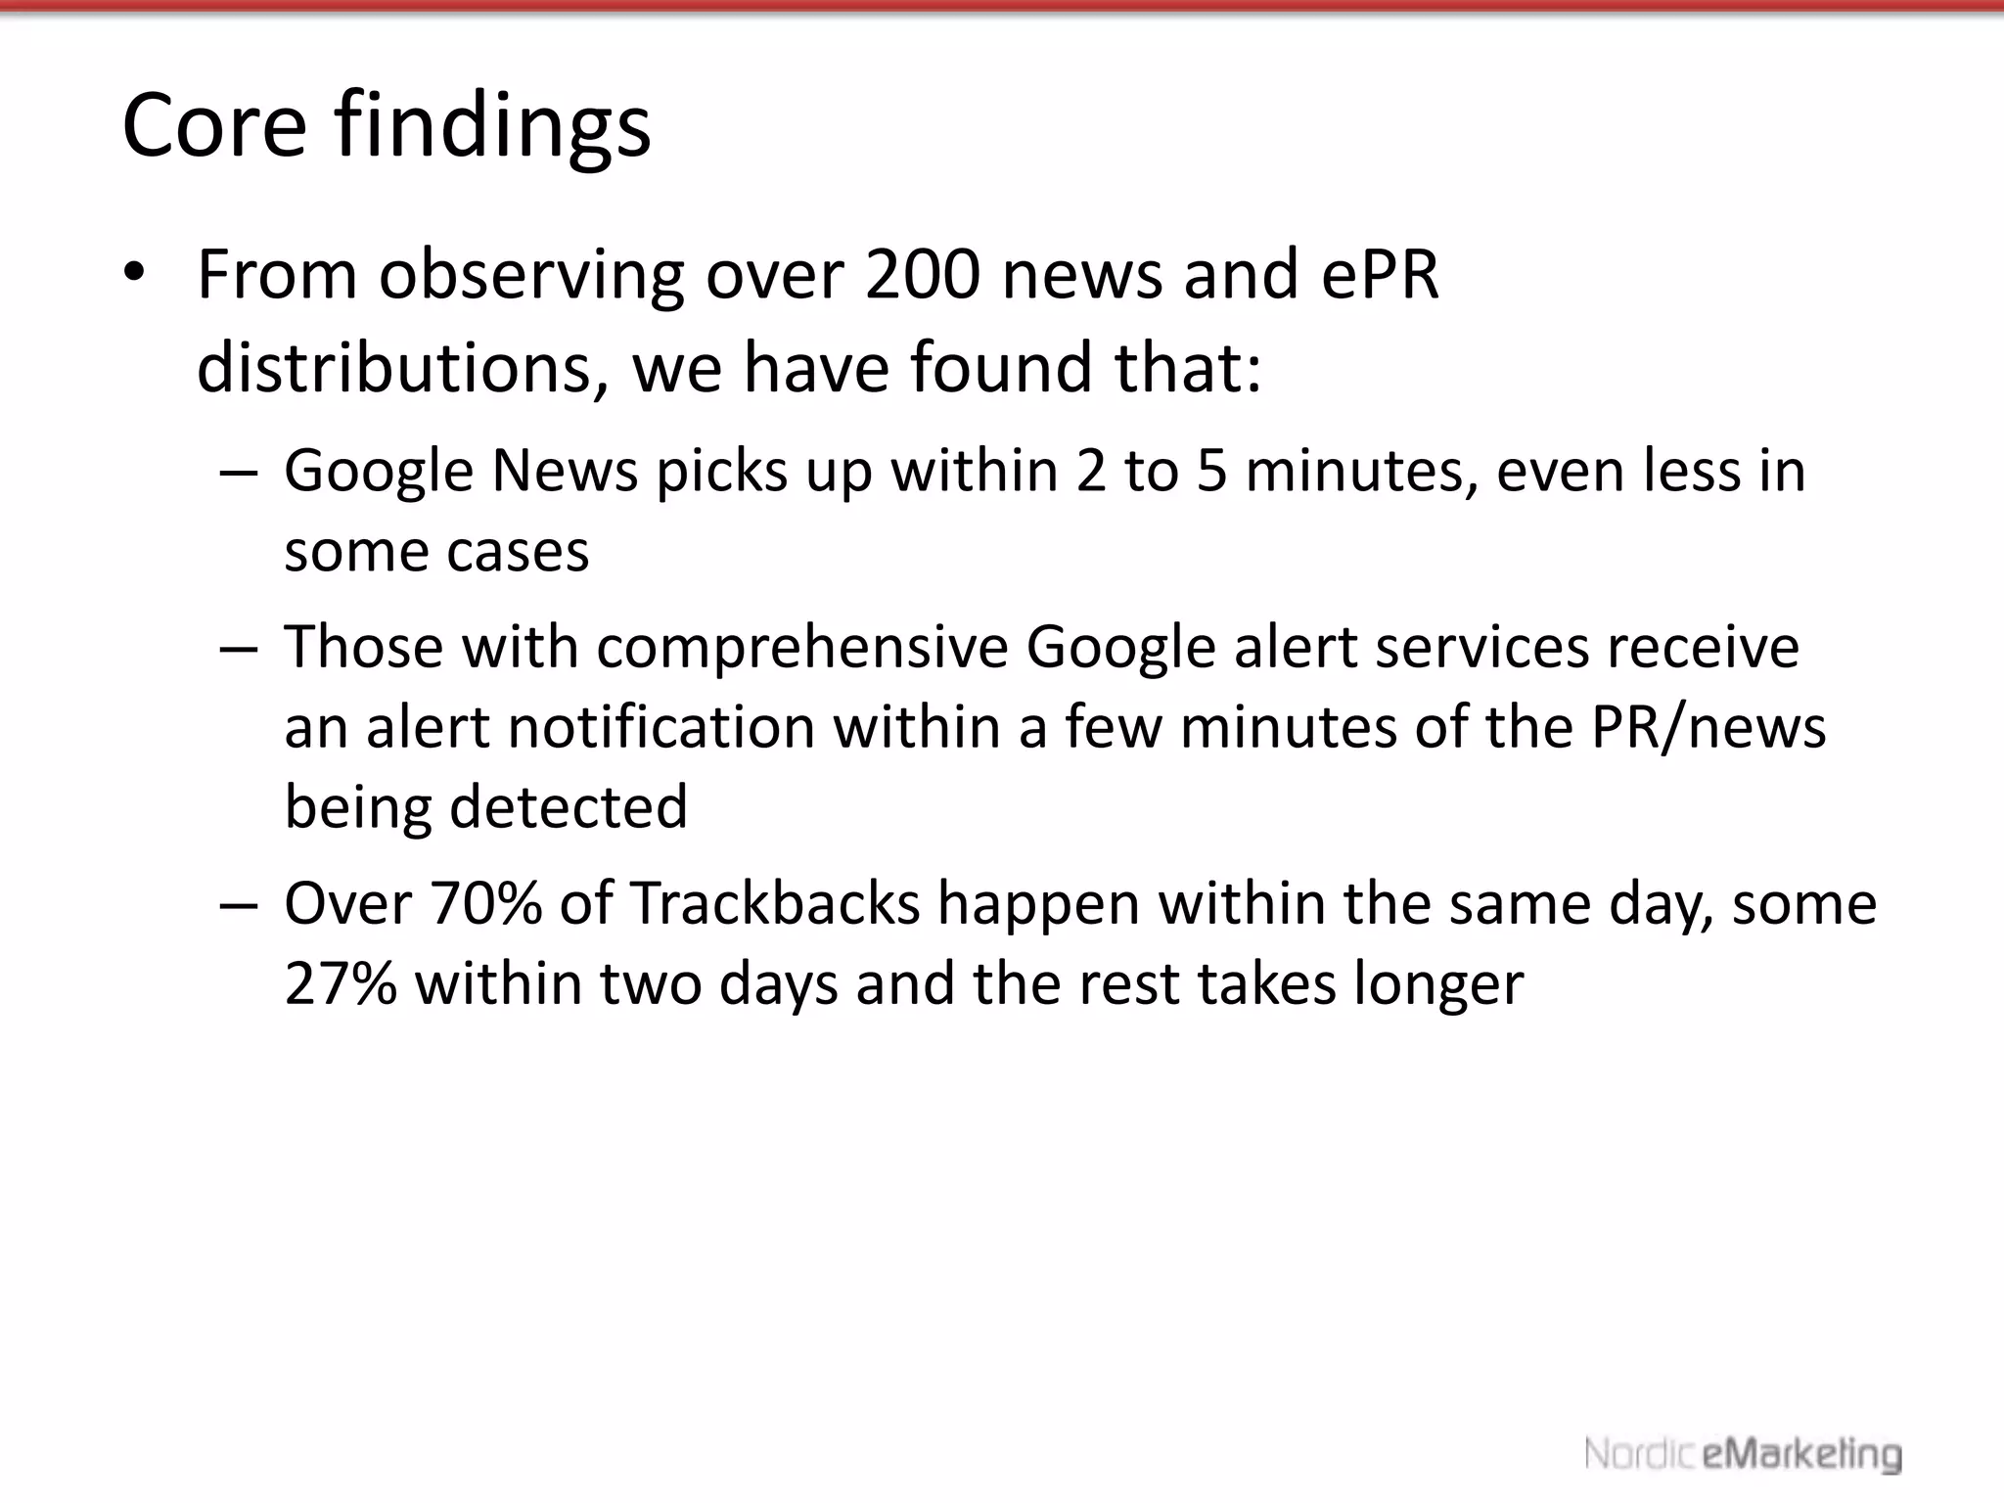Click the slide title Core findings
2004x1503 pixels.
click(x=386, y=125)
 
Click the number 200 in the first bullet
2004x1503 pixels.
click(x=922, y=275)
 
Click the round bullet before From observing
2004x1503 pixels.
click(x=134, y=273)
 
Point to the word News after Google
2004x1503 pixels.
click(x=565, y=471)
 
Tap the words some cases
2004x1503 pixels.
click(x=436, y=551)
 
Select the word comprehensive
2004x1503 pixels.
click(x=802, y=648)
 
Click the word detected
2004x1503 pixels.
click(x=568, y=807)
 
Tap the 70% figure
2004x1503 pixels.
click(x=485, y=903)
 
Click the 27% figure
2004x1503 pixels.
click(x=341, y=983)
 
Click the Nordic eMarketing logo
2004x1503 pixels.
click(x=1743, y=1454)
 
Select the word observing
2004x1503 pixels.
click(x=531, y=277)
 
